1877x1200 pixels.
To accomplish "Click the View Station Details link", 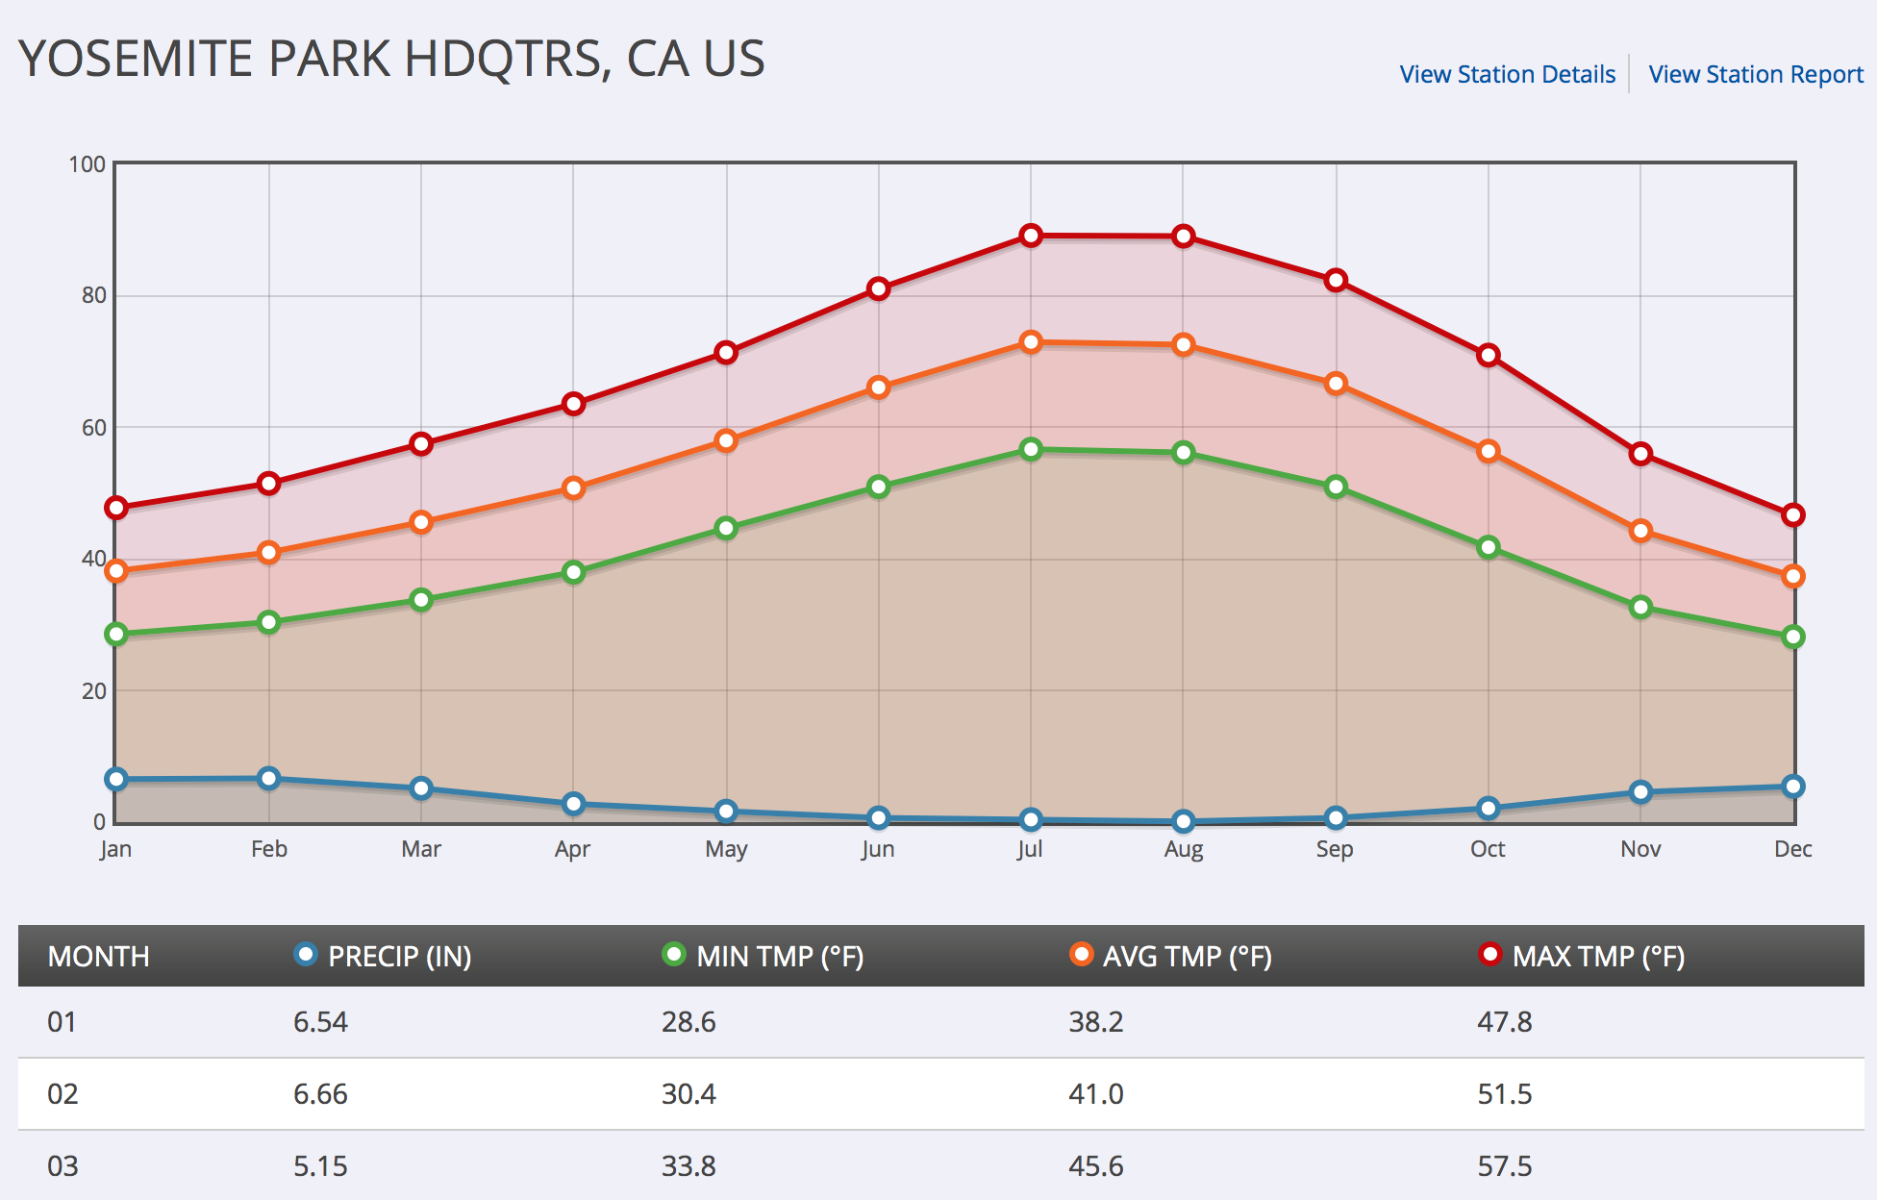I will (1507, 74).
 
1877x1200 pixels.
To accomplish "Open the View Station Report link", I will (1755, 74).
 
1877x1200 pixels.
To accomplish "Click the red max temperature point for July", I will (1031, 236).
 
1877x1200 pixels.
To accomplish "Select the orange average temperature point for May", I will (726, 440).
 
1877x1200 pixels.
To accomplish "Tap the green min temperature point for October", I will (1489, 547).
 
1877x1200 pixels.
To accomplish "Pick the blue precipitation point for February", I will (269, 778).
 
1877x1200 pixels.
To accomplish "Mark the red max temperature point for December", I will (1792, 515).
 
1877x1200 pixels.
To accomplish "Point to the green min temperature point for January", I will (116, 634).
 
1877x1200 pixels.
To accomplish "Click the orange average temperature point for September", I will (1336, 384).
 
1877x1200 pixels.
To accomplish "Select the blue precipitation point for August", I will (1184, 821).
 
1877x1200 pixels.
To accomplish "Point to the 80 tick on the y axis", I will (93, 295).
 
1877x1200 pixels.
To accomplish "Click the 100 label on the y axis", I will (87, 164).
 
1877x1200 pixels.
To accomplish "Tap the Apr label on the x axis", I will (572, 849).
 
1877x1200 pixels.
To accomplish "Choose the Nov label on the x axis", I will (1640, 849).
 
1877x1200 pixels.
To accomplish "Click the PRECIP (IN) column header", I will (398, 956).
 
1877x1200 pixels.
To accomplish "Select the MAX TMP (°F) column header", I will (1597, 956).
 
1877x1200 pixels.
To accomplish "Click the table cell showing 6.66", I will (320, 1094).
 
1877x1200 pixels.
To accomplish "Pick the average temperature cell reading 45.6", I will (1096, 1166).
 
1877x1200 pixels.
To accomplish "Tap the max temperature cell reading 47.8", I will (1505, 1022).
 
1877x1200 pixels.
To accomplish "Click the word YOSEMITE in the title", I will (135, 59).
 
